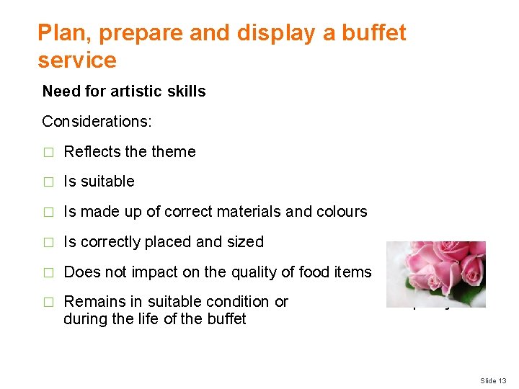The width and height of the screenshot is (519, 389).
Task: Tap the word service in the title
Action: tap(77, 60)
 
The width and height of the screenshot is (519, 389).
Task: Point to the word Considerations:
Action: tap(97, 121)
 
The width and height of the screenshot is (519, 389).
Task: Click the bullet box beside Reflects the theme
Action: tap(48, 152)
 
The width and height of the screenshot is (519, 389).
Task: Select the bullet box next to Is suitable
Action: tap(48, 182)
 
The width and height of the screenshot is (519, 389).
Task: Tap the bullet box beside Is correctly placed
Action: tap(48, 242)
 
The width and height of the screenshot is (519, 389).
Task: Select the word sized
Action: tap(246, 242)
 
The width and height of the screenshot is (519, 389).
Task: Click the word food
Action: tap(314, 272)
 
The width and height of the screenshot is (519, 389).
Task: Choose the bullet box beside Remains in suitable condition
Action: tap(48, 302)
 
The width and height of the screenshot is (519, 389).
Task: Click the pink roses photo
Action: tap(435, 274)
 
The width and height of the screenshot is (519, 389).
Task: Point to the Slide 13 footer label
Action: tap(493, 380)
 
